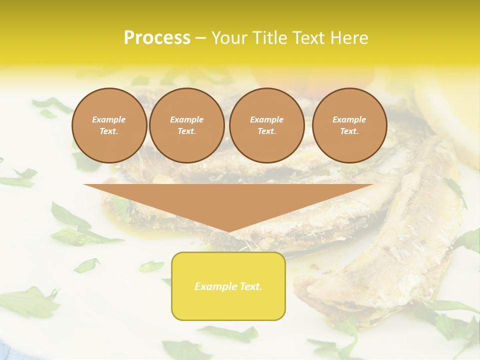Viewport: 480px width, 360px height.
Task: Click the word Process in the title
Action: click(157, 38)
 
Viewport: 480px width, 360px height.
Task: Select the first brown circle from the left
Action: click(109, 125)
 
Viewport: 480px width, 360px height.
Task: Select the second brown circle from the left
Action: click(186, 125)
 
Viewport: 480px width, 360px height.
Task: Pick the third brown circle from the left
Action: click(266, 125)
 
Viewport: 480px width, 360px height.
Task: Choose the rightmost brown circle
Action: click(349, 125)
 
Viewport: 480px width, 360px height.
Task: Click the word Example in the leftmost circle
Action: click(109, 119)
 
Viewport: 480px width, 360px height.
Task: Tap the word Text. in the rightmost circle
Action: click(349, 131)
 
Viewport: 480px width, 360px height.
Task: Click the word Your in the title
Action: click(228, 38)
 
